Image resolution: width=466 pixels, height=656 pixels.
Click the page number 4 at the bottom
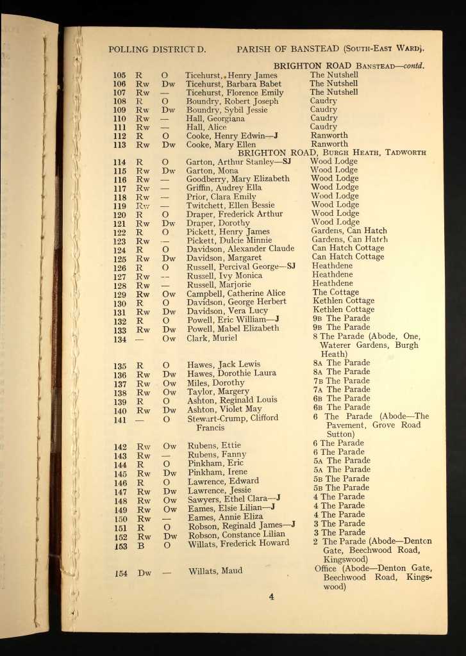[x=271, y=596]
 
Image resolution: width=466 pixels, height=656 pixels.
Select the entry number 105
[x=119, y=75]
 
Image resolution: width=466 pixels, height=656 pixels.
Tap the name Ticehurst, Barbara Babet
[x=233, y=84]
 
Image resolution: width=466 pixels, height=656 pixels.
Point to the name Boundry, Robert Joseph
[x=232, y=101]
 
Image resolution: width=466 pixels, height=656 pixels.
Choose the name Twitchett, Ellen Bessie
[x=230, y=206]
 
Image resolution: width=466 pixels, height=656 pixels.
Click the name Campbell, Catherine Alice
[x=236, y=293]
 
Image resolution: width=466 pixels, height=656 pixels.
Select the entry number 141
[x=121, y=420]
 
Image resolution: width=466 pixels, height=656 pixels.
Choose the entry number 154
[x=121, y=573]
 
